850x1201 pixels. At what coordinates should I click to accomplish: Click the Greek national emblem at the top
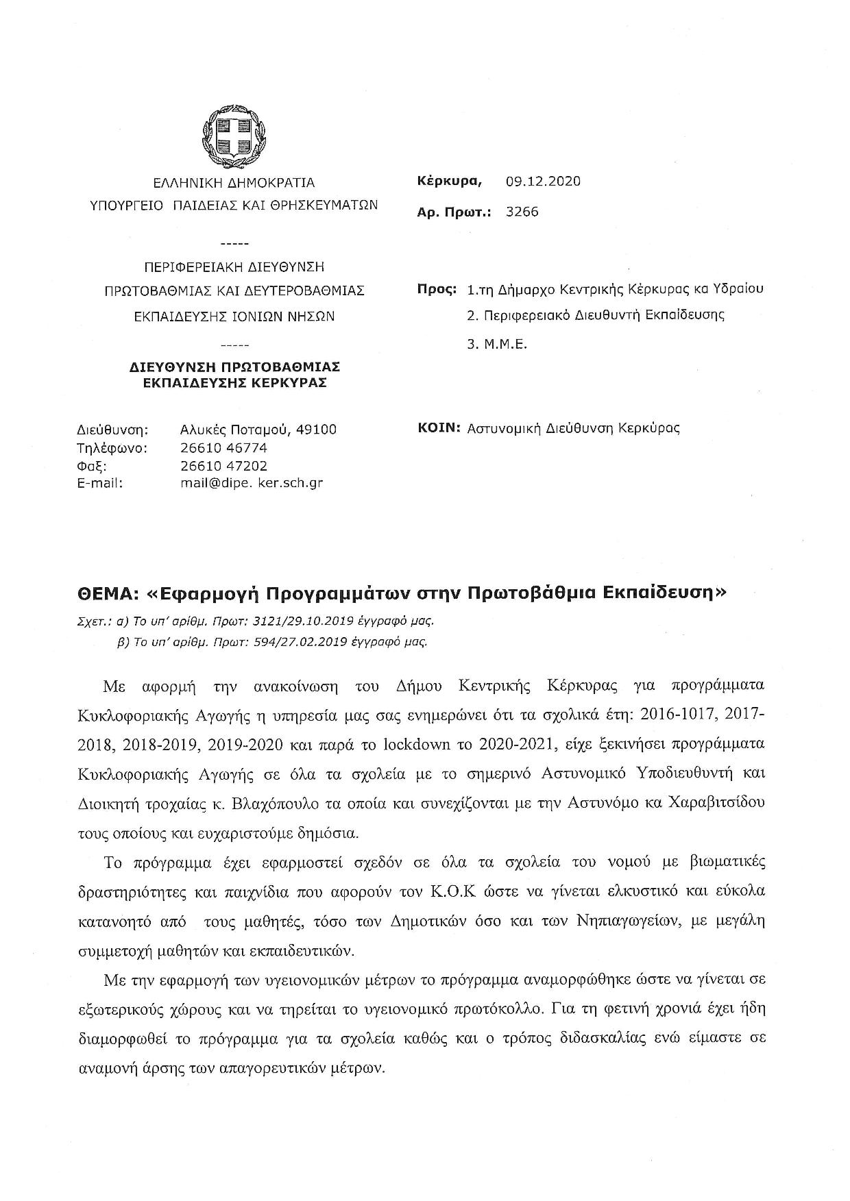tap(234, 136)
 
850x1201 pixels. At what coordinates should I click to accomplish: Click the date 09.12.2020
tap(543, 182)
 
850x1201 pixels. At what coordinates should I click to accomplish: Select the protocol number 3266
tap(522, 212)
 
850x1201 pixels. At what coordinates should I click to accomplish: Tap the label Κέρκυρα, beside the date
tap(450, 182)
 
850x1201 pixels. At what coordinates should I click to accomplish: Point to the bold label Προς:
tap(437, 289)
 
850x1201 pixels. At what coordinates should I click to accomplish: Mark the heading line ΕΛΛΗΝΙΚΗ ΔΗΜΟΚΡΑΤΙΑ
tap(234, 183)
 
